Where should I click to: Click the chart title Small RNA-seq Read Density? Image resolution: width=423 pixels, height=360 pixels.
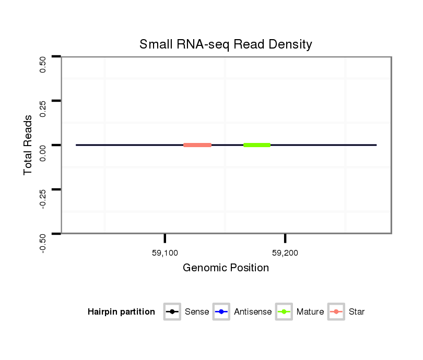[x=226, y=44]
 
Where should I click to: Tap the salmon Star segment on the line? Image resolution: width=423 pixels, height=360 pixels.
[x=197, y=145]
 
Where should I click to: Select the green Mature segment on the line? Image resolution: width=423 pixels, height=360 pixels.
[x=257, y=145]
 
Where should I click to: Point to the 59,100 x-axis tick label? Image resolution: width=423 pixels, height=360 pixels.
[x=165, y=254]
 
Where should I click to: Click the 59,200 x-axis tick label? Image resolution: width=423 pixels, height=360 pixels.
[x=285, y=254]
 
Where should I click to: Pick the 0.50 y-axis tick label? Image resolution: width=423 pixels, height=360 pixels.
[x=43, y=65]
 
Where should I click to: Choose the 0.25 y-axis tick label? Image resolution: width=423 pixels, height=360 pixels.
[x=43, y=109]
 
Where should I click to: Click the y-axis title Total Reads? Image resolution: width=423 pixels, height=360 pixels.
[x=28, y=145]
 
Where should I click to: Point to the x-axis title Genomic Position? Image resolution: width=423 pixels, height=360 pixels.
[x=226, y=268]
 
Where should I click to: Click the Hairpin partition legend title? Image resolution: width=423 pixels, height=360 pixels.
[x=121, y=312]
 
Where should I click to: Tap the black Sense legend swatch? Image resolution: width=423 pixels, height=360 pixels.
[x=172, y=312]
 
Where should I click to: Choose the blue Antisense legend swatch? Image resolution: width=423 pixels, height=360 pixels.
[x=221, y=312]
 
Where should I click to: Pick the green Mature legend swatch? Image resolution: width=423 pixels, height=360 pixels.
[x=284, y=312]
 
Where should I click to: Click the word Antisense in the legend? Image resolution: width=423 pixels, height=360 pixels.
[x=253, y=312]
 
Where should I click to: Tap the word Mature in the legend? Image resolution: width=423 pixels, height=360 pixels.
[x=310, y=312]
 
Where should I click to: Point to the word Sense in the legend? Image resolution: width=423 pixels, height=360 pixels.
[x=197, y=312]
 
